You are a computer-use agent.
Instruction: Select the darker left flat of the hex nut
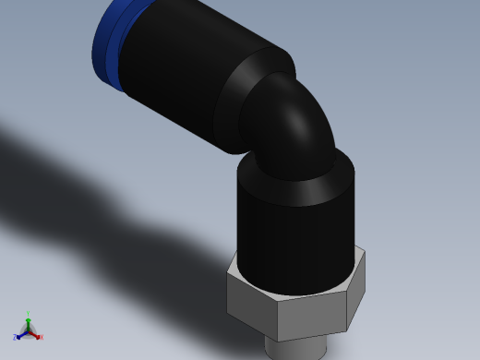pos(251,300)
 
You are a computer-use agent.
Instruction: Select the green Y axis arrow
pos(28,324)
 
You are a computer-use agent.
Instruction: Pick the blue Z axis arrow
pos(21,334)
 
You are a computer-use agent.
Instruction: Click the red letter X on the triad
pos(42,337)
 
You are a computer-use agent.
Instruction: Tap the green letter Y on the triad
pos(28,315)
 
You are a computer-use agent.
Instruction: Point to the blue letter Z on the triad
pos(15,338)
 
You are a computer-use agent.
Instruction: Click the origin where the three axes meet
pos(28,331)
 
